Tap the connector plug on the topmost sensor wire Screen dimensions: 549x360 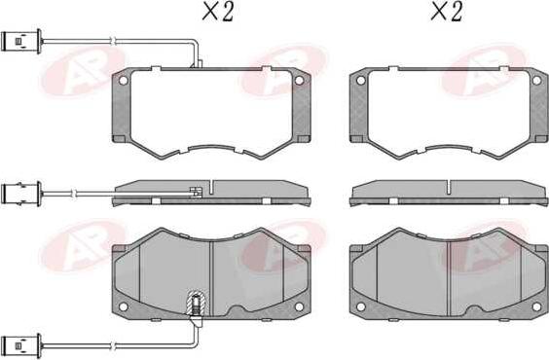tap(21, 41)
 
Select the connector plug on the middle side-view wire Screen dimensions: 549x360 tap(21, 194)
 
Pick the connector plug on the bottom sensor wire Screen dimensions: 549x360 tap(21, 345)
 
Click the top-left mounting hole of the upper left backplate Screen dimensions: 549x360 tap(124, 81)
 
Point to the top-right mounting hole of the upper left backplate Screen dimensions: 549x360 tap(299, 81)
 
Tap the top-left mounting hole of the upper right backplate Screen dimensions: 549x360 tap(360, 81)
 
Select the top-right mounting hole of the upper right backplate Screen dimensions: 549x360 tap(536, 81)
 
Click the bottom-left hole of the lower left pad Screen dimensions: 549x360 tap(124, 306)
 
